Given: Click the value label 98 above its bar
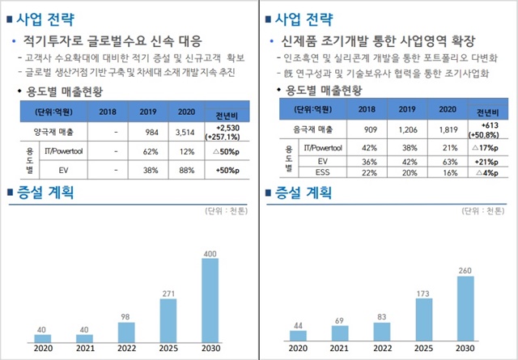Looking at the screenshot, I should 125,316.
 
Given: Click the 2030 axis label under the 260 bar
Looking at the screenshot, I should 467,349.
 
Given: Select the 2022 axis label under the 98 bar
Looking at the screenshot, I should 125,349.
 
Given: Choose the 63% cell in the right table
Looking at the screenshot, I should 448,160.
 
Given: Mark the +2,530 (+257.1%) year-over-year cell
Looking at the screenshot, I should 226,133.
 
